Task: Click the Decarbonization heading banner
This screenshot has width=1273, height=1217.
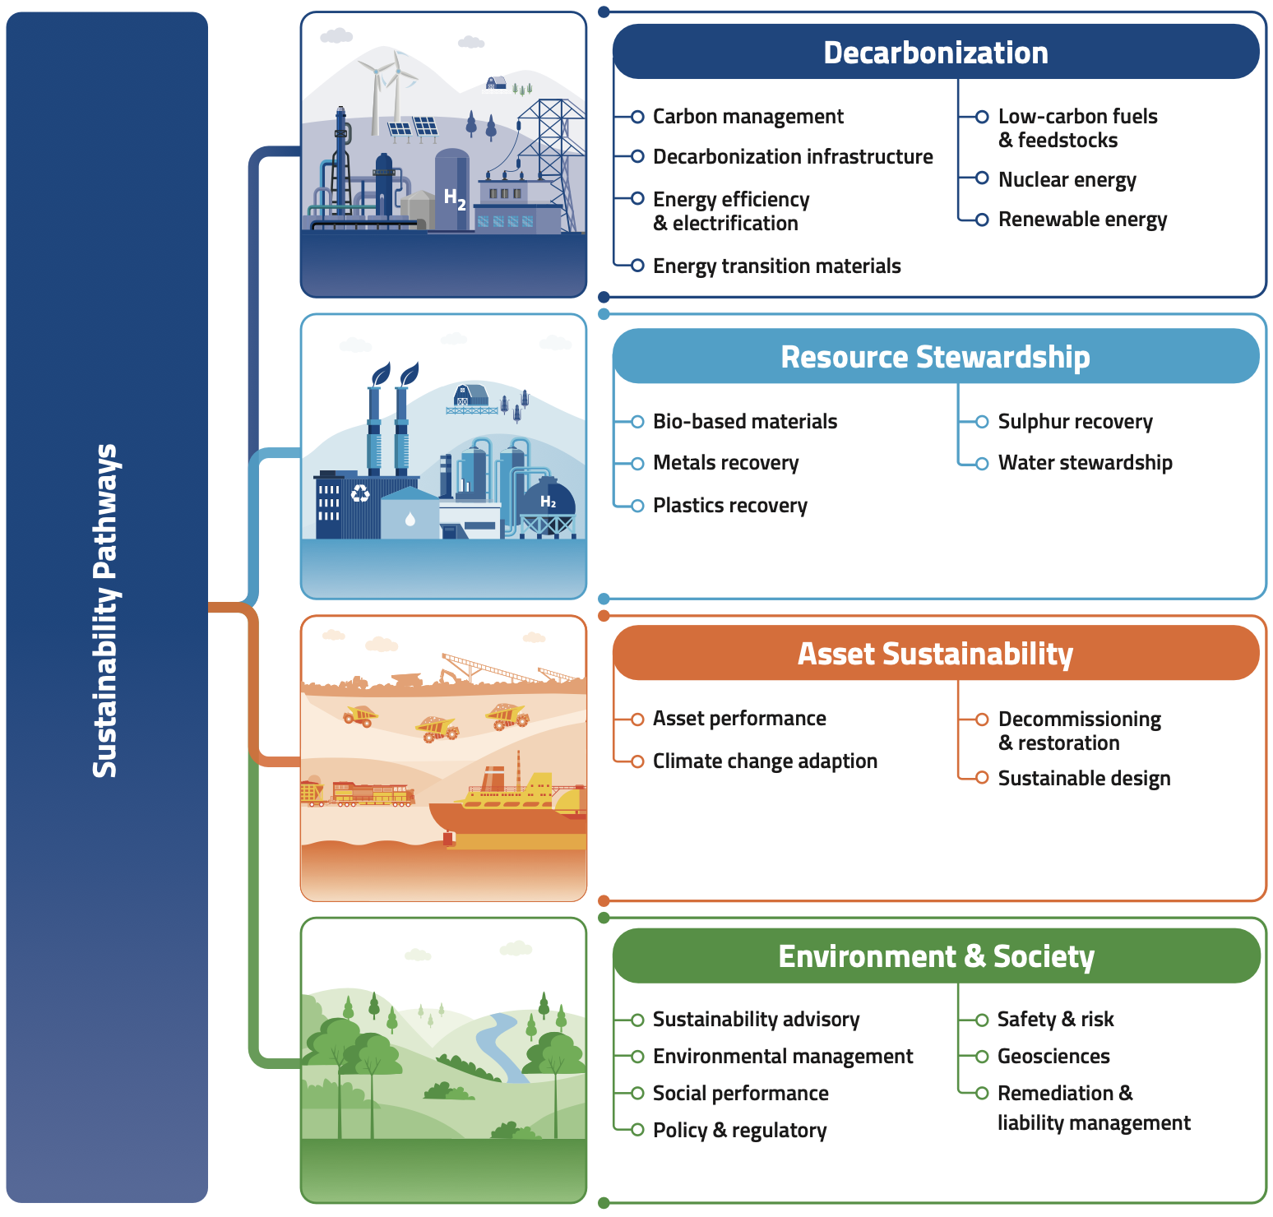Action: pos(936,52)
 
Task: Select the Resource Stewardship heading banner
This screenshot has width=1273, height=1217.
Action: pos(936,356)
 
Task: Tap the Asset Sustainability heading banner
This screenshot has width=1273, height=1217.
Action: pos(936,653)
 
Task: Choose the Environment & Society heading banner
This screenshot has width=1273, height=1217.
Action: pos(936,956)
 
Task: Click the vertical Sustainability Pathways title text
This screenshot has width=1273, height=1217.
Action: pos(106,610)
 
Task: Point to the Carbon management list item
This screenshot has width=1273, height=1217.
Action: pos(748,117)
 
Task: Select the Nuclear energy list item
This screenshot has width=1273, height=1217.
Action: pos(1067,179)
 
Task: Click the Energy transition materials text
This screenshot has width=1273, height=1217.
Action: pos(776,266)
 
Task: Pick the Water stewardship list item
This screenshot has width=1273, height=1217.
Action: pos(1085,463)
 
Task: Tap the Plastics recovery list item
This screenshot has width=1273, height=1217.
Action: pos(729,505)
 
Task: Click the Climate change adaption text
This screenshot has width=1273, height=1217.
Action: pos(765,761)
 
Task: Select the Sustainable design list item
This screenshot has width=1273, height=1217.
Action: pos(1084,779)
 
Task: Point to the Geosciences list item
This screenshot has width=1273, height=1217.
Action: pos(1053,1056)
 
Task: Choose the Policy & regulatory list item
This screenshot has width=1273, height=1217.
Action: pos(739,1131)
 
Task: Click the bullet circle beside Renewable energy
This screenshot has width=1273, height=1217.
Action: pos(981,220)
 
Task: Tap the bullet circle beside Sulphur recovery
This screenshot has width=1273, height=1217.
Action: pos(981,422)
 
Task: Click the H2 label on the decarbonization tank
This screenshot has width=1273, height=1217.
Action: pos(455,198)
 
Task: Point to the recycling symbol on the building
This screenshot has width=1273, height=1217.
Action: pos(360,493)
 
